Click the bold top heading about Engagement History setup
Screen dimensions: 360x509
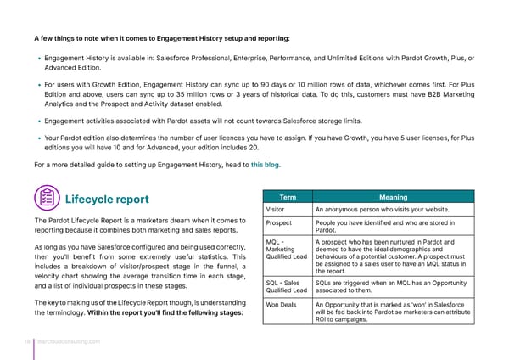click(x=162, y=38)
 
